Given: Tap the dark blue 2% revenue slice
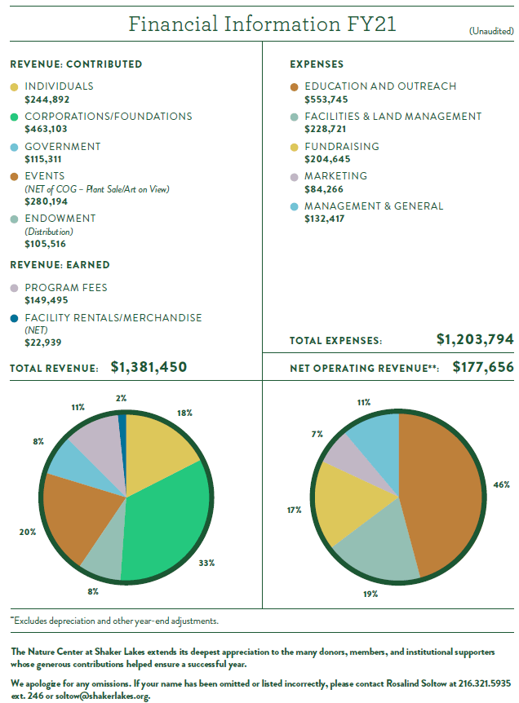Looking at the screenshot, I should pos(122,421).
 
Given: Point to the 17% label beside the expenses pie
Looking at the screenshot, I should pos(294,510).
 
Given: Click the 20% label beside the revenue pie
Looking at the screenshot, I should pos(28,532).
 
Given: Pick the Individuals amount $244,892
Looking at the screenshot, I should pos(47,99).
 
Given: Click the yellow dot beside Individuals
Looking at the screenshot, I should pos(14,86).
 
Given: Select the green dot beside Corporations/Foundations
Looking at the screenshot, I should pos(14,117).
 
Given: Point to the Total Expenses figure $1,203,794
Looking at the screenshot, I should pos(474,338).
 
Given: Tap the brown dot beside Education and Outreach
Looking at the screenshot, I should pos(294,86).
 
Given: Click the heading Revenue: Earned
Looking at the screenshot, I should pos(60,265).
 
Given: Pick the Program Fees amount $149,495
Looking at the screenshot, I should pos(47,300).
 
